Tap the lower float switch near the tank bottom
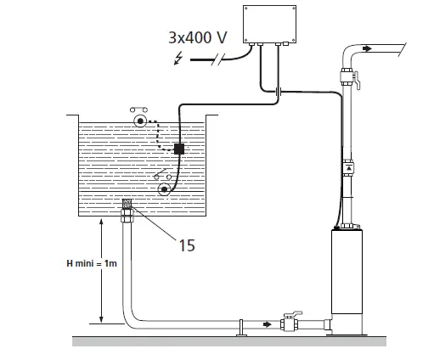click(155, 188)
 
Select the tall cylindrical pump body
click(349, 280)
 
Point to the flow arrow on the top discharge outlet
click(366, 49)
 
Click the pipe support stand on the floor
click(242, 329)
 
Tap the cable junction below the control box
click(278, 91)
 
